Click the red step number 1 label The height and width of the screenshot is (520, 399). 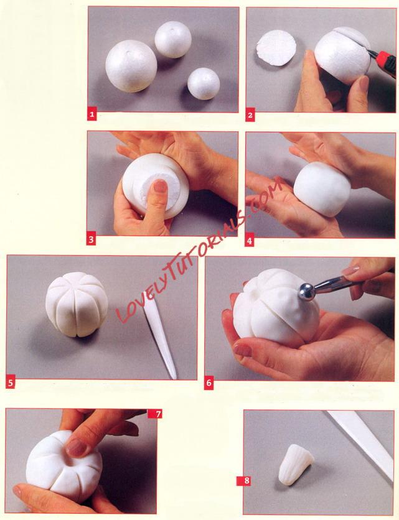[x=92, y=116]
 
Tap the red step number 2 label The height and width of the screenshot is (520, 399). [x=250, y=115]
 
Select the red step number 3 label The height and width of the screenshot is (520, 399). [x=92, y=239]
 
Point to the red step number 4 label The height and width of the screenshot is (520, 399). [x=250, y=241]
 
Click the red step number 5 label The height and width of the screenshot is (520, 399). [x=11, y=383]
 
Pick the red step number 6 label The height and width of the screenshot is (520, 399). [x=209, y=383]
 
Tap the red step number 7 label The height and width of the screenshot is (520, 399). [x=157, y=414]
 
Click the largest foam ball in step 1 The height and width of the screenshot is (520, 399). [x=131, y=66]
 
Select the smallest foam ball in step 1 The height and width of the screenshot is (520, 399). [x=204, y=84]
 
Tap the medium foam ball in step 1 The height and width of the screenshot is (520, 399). [x=173, y=40]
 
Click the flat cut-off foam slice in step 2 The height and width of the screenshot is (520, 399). [x=276, y=48]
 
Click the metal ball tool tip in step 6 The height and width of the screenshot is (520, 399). [x=306, y=292]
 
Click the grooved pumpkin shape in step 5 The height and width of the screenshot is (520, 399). [x=77, y=304]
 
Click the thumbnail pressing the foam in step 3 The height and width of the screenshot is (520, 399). [x=161, y=187]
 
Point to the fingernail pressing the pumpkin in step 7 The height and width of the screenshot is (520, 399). [x=76, y=447]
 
